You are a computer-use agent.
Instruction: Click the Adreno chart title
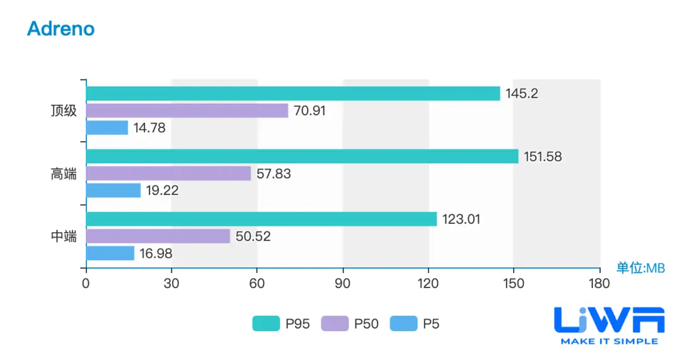[61, 28]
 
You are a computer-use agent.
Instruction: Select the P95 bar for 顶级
[293, 93]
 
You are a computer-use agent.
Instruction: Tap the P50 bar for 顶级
[187, 110]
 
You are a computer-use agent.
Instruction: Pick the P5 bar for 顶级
[107, 127]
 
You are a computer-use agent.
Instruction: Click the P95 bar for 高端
[302, 156]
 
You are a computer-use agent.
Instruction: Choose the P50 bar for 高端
[168, 173]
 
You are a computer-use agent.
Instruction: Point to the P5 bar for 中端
[110, 253]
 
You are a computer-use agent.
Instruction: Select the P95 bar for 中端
[262, 219]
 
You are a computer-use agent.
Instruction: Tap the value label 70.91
[309, 111]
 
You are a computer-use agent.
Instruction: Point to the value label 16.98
[156, 254]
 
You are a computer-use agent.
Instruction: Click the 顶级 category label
[64, 111]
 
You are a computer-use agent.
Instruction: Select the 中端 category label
[64, 237]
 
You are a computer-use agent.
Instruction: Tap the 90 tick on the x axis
[343, 283]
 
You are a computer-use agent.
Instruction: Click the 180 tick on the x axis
[599, 283]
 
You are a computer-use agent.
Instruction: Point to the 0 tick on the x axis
[86, 283]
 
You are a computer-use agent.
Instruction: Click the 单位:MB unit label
[640, 268]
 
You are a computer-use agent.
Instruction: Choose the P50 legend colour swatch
[335, 324]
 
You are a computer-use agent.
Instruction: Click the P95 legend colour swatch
[266, 324]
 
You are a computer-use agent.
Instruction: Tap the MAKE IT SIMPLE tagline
[609, 341]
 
